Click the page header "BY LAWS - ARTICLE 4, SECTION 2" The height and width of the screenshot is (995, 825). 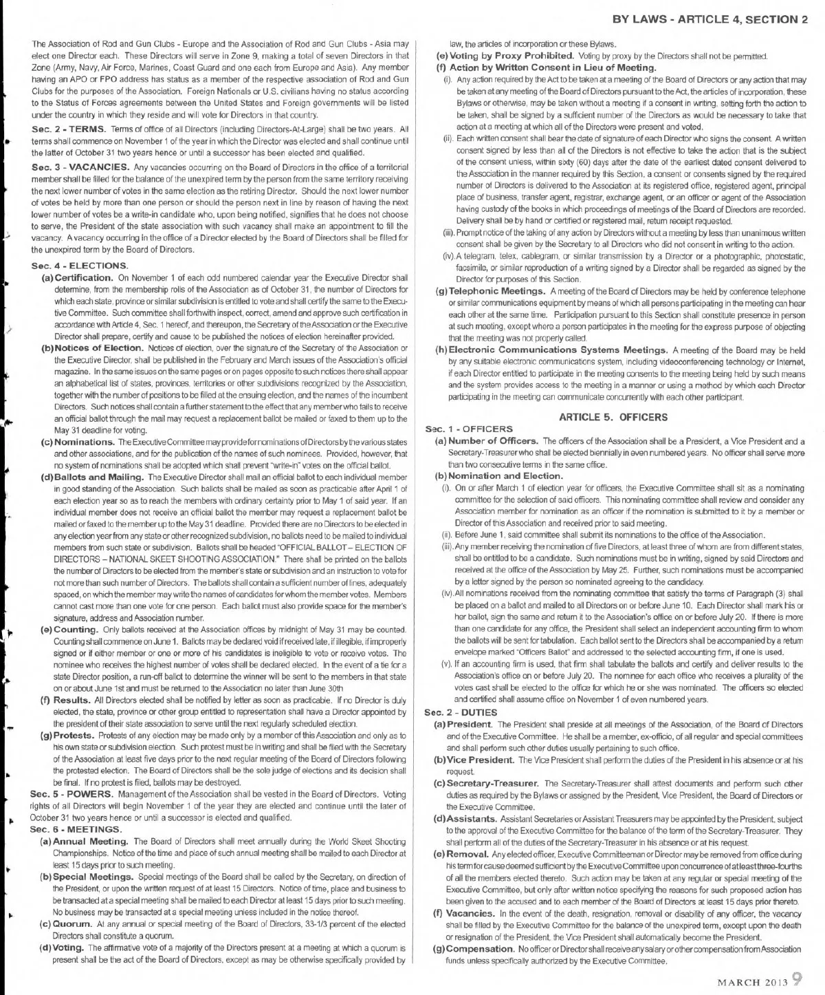(x=709, y=19)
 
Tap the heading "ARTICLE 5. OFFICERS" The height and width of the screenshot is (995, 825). (x=613, y=417)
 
